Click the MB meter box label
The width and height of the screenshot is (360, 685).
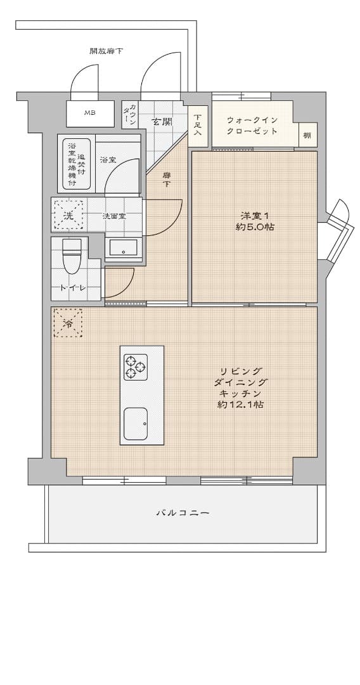pyautogui.click(x=89, y=113)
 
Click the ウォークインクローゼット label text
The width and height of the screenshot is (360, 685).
pyautogui.click(x=252, y=125)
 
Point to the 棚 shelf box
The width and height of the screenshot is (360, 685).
pyautogui.click(x=307, y=135)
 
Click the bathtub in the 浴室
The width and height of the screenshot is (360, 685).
pyautogui.click(x=77, y=164)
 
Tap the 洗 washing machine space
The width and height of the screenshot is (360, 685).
pyautogui.click(x=68, y=215)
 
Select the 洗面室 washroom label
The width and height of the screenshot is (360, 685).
pyautogui.click(x=114, y=216)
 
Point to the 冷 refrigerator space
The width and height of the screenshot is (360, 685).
pyautogui.click(x=68, y=323)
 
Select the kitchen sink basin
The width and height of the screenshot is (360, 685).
pyautogui.click(x=135, y=424)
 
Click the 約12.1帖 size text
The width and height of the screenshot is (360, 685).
pyautogui.click(x=240, y=405)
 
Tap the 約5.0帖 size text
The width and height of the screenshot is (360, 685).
pyautogui.click(x=254, y=227)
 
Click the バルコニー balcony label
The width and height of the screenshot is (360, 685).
pyautogui.click(x=183, y=512)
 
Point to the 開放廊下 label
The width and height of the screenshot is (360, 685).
pyautogui.click(x=106, y=51)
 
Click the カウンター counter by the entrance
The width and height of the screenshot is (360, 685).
pyautogui.click(x=129, y=115)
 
